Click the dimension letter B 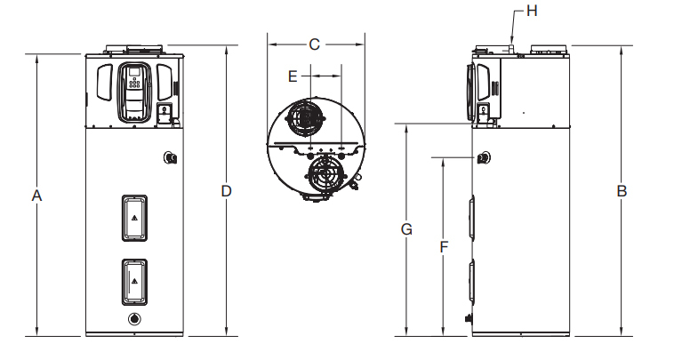622,191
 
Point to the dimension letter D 227,191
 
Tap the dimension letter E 292,76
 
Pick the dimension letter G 405,229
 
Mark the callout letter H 533,11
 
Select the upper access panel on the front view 134,216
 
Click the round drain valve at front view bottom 134,320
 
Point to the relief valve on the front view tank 171,158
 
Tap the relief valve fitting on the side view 483,158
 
